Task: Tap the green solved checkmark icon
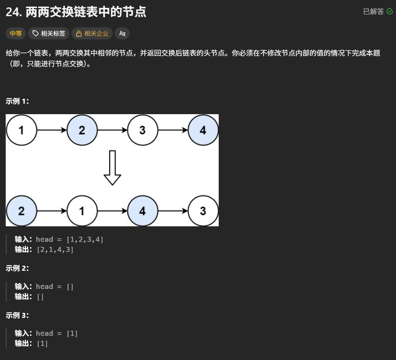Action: (x=390, y=11)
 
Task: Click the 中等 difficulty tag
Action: (x=16, y=33)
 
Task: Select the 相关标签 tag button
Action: (x=49, y=33)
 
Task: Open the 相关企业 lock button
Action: (x=92, y=33)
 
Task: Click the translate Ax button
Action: (x=122, y=33)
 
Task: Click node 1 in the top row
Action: (x=22, y=130)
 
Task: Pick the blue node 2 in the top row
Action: (x=82, y=130)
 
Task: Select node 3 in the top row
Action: (x=143, y=130)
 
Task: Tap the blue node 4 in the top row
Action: (x=203, y=130)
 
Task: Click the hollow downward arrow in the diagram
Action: (x=112, y=168)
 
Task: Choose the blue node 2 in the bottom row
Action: (x=22, y=211)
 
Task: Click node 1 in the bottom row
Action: (x=82, y=211)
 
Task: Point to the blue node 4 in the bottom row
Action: (x=143, y=211)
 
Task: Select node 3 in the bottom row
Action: (x=203, y=211)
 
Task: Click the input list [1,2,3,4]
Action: (x=85, y=239)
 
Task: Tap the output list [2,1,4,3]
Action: (x=55, y=250)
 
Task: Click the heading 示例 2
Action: (x=17, y=268)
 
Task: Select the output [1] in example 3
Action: (x=42, y=343)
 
